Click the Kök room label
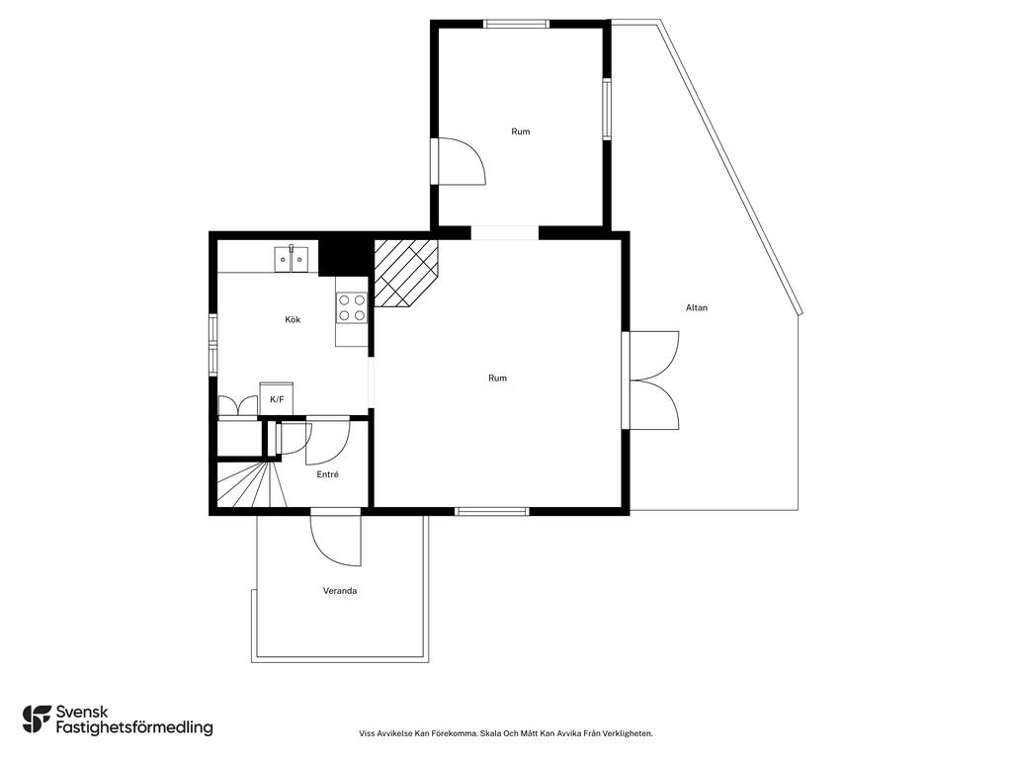point(293,319)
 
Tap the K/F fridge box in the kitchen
point(277,399)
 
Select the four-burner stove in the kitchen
point(352,307)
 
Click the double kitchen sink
point(292,259)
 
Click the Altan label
point(697,308)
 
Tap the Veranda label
point(340,591)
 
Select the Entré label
point(328,474)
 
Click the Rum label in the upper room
point(521,131)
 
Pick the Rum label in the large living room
point(498,379)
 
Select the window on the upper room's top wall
point(516,24)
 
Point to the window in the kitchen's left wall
point(213,344)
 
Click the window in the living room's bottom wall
point(492,512)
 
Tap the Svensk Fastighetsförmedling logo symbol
point(37,719)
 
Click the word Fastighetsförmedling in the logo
point(134,727)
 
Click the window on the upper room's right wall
point(607,109)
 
